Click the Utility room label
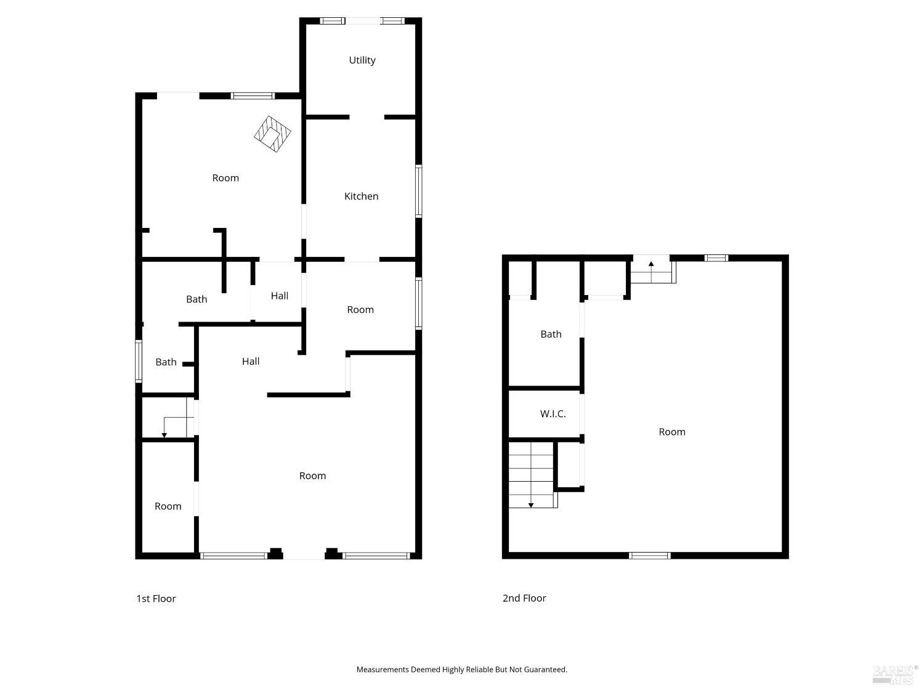point(362,60)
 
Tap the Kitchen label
point(361,197)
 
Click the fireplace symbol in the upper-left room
point(272,134)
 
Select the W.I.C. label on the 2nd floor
point(553,414)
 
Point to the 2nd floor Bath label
point(551,334)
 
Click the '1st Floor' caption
point(156,599)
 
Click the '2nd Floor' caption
point(524,598)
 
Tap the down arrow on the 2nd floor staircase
point(531,505)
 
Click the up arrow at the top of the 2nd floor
point(651,265)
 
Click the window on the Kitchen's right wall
point(418,191)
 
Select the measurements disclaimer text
point(461,670)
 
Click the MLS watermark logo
point(894,674)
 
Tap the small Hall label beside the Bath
point(280,296)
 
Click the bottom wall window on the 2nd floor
point(650,556)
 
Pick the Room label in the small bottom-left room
point(168,506)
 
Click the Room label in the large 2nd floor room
point(672,432)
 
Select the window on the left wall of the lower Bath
point(139,361)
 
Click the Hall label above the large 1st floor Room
point(251,362)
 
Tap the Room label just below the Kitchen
point(360,310)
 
